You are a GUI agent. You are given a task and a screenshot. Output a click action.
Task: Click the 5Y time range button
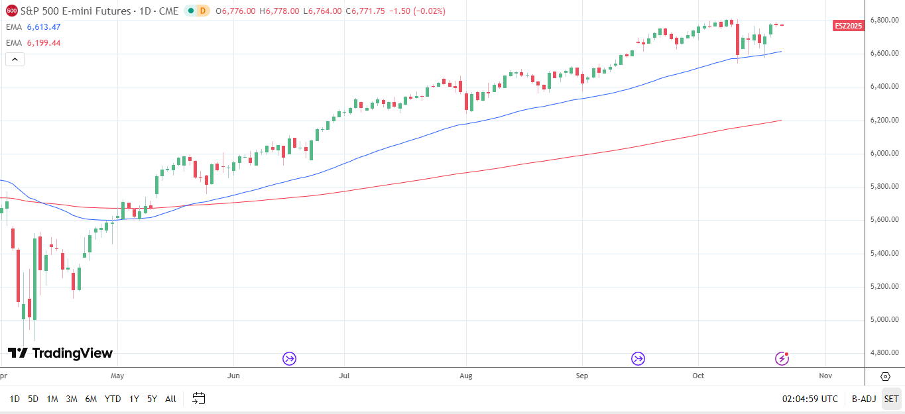(152, 399)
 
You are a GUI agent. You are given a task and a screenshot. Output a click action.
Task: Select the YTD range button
(113, 399)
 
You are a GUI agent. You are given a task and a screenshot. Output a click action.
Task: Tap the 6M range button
(91, 399)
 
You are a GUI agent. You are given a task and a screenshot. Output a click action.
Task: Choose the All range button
(170, 399)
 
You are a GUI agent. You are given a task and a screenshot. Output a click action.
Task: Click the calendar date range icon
(198, 399)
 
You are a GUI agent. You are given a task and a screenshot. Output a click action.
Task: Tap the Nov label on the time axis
(825, 376)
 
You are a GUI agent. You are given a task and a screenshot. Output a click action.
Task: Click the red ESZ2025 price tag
(848, 26)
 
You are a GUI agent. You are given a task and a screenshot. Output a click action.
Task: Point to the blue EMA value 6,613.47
(44, 27)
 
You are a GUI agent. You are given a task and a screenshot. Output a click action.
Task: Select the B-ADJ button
(863, 399)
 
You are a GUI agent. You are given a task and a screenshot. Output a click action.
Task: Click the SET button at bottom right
(891, 399)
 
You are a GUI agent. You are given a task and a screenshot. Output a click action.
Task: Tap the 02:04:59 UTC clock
(810, 399)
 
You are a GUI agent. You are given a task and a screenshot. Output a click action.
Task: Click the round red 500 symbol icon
(12, 11)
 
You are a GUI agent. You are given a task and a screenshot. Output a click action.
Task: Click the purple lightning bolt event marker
(782, 358)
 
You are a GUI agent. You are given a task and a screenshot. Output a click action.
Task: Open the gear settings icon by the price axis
(885, 376)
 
